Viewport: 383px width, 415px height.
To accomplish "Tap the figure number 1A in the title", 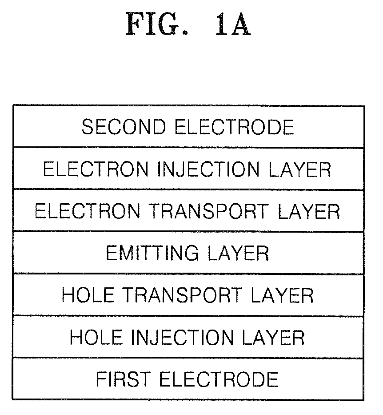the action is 233,24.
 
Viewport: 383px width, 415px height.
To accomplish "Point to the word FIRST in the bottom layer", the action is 123,379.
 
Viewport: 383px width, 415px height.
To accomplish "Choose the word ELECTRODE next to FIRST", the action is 219,379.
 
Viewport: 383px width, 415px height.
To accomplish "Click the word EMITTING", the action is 152,253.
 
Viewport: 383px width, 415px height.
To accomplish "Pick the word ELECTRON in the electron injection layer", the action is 96,169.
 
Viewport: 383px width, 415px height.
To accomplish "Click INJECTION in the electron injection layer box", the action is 208,169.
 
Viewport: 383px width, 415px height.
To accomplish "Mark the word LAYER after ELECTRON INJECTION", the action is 300,169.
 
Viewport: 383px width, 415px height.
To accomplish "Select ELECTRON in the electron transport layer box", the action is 88,211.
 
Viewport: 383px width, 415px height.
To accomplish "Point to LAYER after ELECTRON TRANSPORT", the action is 309,211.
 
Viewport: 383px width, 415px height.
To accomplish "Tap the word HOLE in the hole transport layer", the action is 88,295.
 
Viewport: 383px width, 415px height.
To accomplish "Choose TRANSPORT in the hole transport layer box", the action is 183,295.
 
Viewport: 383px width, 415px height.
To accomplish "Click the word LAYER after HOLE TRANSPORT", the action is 282,295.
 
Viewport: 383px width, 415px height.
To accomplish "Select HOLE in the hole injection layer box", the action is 96,337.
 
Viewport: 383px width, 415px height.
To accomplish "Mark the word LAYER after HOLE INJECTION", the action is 274,337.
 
